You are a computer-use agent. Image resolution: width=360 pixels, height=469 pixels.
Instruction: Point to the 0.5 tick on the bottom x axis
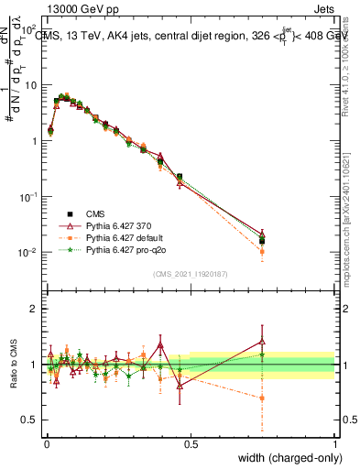[190, 444]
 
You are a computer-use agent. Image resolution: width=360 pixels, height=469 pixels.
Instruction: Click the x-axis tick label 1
[334, 444]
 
